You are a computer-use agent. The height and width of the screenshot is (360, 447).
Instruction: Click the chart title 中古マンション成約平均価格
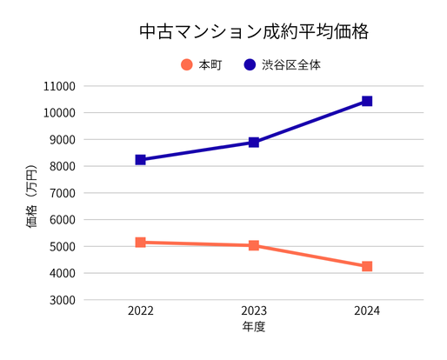pyautogui.click(x=255, y=32)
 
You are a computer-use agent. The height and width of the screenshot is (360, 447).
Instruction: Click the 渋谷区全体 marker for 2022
pyautogui.click(x=140, y=160)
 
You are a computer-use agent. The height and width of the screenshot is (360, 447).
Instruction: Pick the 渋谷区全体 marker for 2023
pyautogui.click(x=254, y=142)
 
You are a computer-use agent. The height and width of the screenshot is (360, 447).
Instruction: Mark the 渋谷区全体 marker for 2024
pyautogui.click(x=367, y=101)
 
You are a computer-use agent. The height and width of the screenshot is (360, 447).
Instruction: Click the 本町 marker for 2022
pyautogui.click(x=140, y=243)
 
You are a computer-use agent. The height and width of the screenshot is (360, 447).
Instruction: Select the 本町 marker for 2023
pyautogui.click(x=254, y=245)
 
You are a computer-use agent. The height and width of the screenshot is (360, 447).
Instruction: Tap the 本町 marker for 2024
pyautogui.click(x=367, y=266)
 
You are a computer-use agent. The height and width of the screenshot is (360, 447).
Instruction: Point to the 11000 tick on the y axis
pyautogui.click(x=58, y=86)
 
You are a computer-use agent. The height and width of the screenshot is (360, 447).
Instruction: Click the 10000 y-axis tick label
pyautogui.click(x=58, y=113)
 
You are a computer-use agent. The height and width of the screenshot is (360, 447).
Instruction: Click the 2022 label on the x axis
pyautogui.click(x=140, y=311)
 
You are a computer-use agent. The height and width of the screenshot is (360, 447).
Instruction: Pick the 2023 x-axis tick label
pyautogui.click(x=254, y=311)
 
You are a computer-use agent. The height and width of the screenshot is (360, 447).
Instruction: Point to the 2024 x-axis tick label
pyautogui.click(x=367, y=311)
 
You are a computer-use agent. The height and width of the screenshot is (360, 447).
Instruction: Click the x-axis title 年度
pyautogui.click(x=253, y=328)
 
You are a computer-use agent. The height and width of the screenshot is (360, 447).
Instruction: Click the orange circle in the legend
pyautogui.click(x=186, y=64)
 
